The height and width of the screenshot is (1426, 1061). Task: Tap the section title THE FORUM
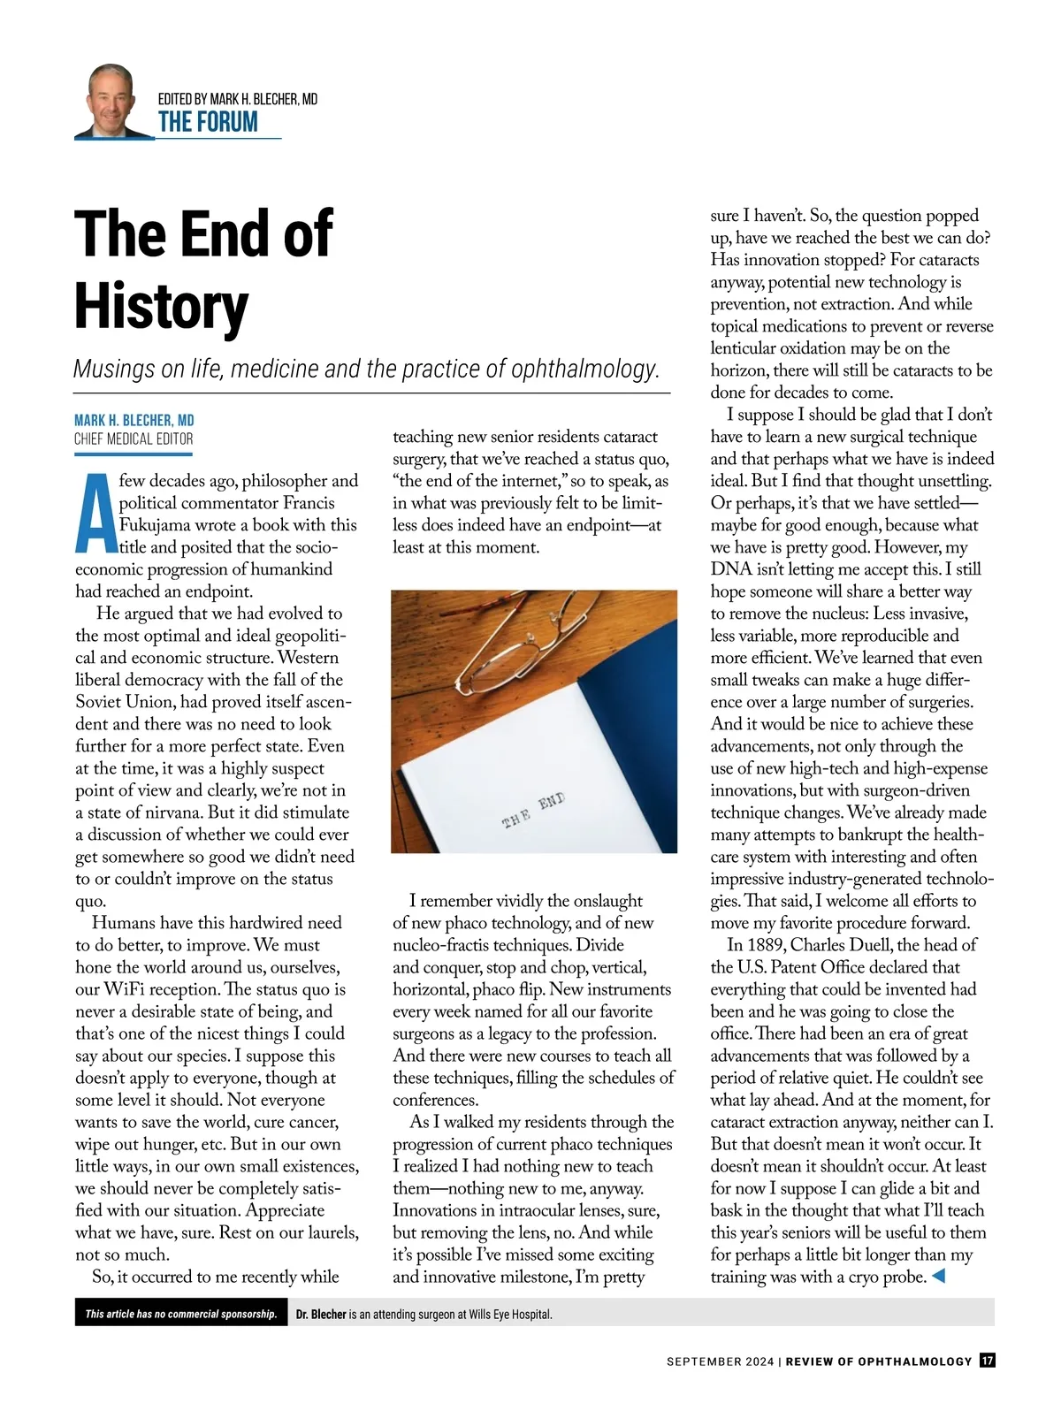tap(208, 122)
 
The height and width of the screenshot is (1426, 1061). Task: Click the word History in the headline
tap(161, 306)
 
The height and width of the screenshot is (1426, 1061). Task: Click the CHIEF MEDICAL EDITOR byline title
tap(134, 438)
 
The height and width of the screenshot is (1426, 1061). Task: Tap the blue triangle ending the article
tap(939, 1276)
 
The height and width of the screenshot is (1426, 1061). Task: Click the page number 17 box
tap(987, 1361)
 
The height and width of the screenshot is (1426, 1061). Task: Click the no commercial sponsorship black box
tap(180, 1314)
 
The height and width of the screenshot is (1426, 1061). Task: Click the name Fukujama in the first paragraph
tap(155, 525)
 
